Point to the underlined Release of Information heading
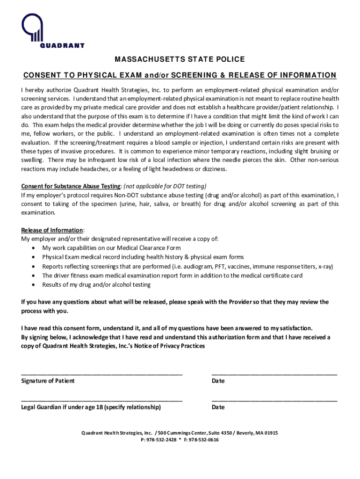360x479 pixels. click(x=52, y=230)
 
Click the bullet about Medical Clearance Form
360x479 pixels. click(x=111, y=248)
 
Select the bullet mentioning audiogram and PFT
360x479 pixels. click(x=187, y=266)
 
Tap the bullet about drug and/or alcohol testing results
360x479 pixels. click(x=96, y=284)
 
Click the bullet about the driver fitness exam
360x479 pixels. click(x=172, y=276)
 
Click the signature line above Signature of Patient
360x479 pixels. click(x=101, y=374)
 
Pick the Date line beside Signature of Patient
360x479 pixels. click(x=274, y=374)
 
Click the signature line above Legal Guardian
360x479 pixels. click(x=101, y=400)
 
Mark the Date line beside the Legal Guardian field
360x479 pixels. click(x=274, y=400)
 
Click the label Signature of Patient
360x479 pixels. click(x=48, y=381)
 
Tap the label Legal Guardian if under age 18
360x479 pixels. click(x=91, y=407)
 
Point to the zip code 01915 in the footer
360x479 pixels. click(x=271, y=433)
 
